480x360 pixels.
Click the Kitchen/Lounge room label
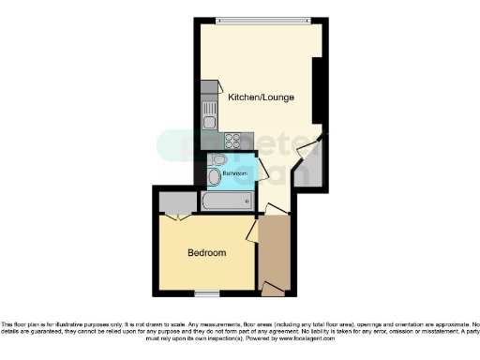(x=261, y=97)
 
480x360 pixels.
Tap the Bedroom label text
(x=206, y=253)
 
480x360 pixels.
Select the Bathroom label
(x=234, y=173)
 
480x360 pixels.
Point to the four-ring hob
(x=232, y=142)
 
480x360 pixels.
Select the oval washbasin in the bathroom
(x=215, y=176)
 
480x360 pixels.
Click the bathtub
(x=227, y=201)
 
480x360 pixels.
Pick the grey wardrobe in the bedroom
(x=175, y=202)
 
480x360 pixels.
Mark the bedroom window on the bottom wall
(x=207, y=292)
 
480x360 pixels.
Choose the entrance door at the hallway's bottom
(x=273, y=285)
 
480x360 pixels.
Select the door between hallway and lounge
(x=276, y=210)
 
